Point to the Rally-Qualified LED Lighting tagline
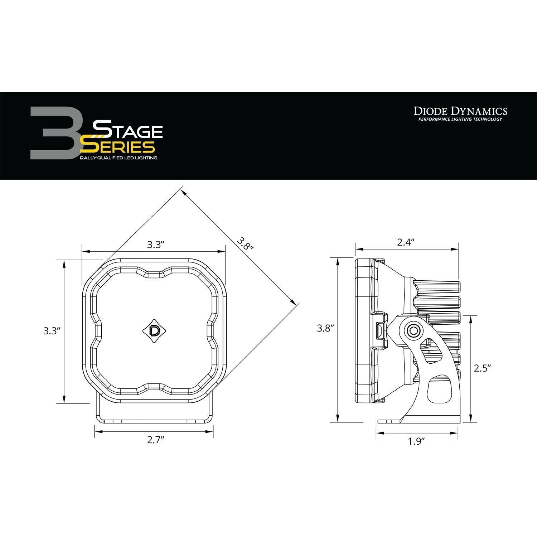118,158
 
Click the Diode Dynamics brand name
460,111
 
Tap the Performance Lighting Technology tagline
460,119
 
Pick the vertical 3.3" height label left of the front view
50,331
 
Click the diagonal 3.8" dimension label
245,243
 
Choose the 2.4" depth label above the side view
406,242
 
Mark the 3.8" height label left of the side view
325,328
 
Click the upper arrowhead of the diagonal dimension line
184,192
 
